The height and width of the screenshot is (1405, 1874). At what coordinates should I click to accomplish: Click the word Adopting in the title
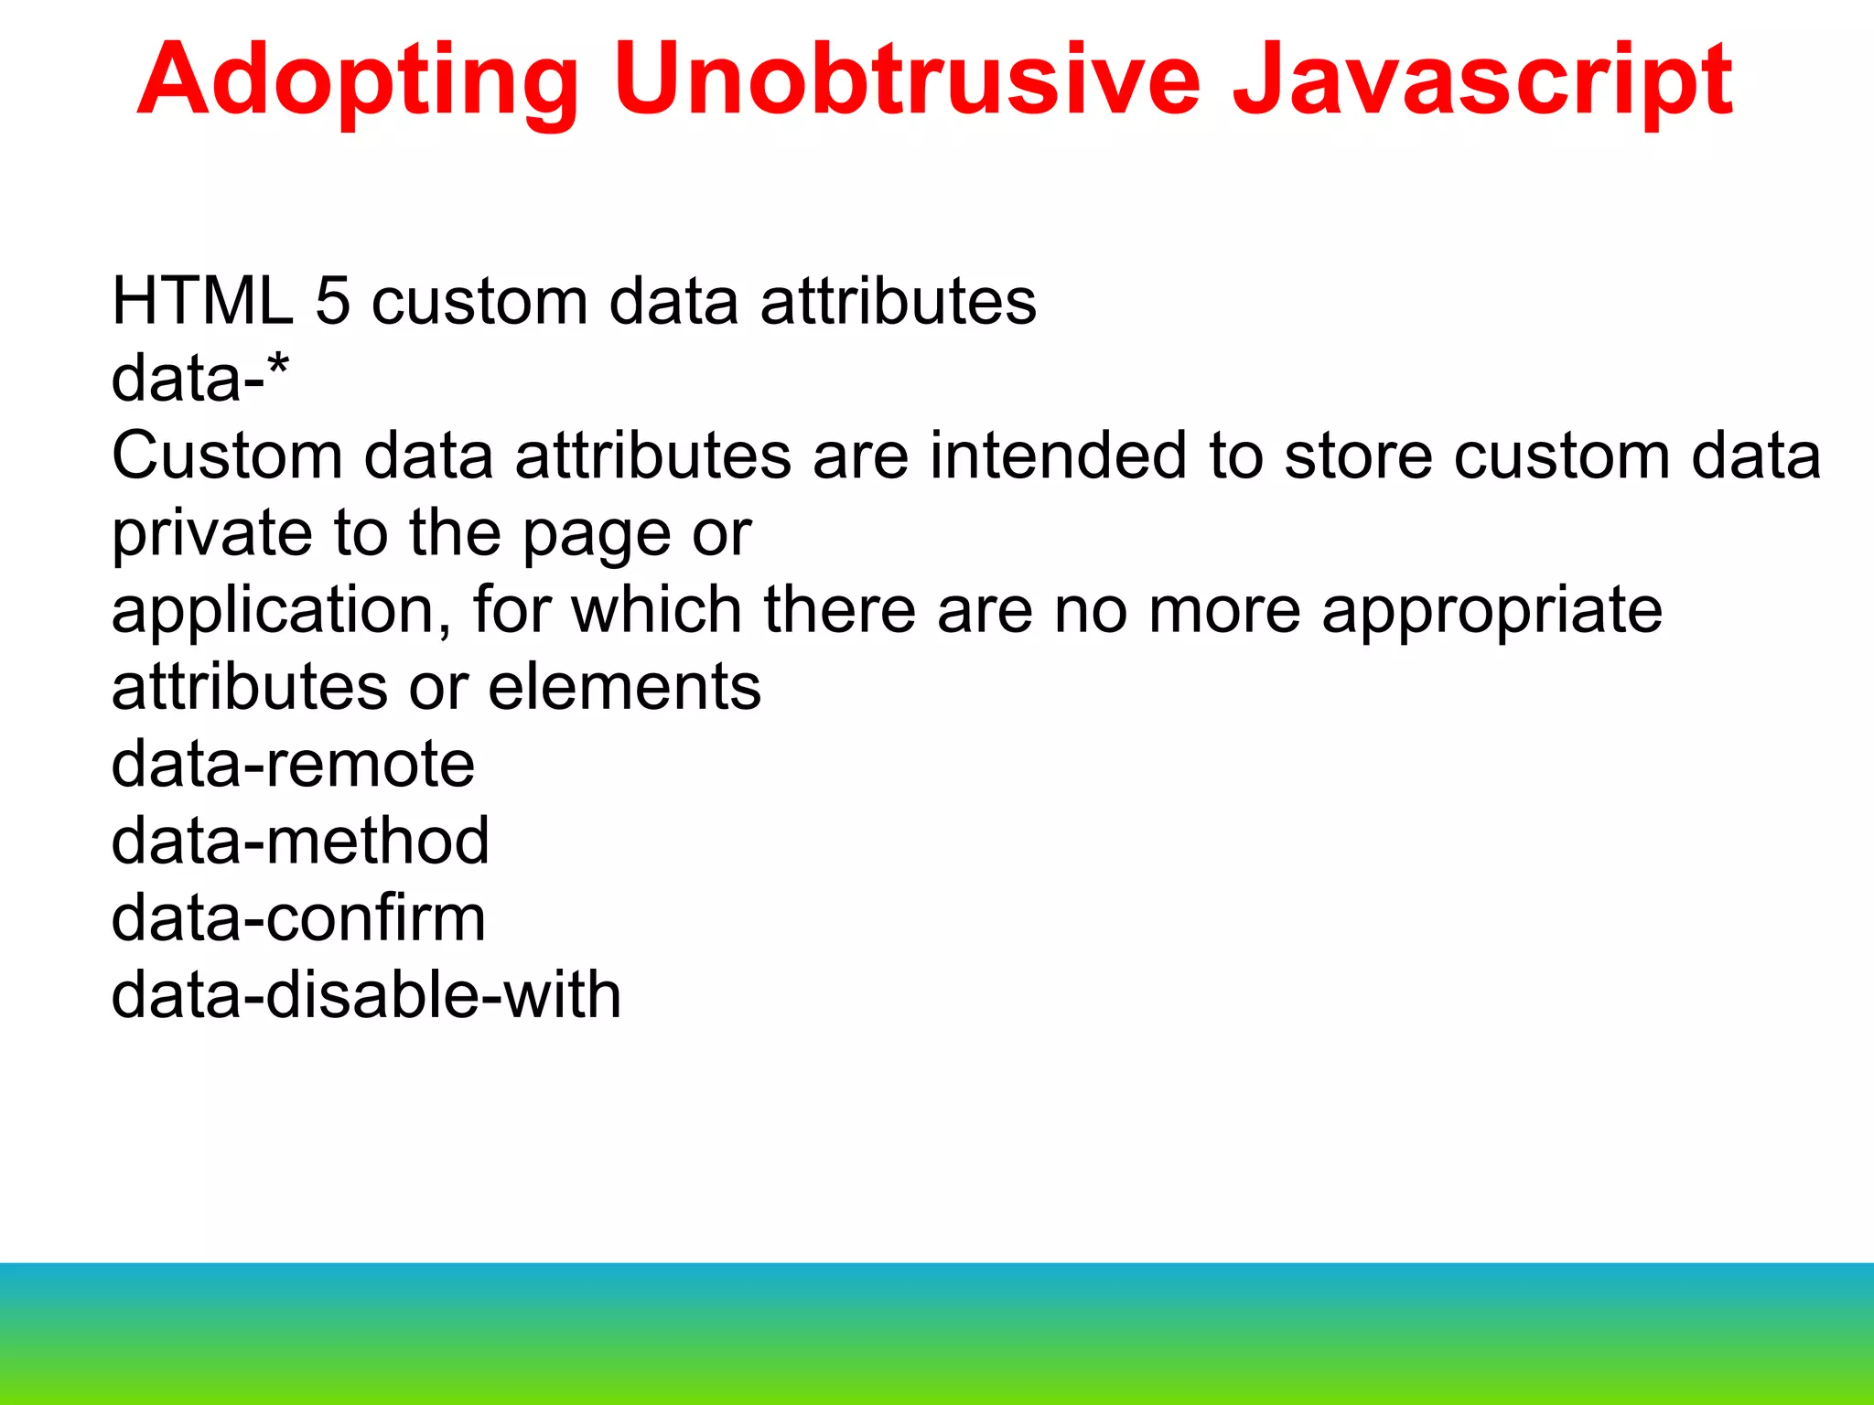click(x=357, y=82)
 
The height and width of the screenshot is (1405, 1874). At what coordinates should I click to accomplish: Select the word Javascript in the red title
click(x=1481, y=82)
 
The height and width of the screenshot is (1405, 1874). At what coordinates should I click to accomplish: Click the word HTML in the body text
click(x=202, y=301)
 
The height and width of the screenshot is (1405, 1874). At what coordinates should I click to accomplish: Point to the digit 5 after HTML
click(x=332, y=301)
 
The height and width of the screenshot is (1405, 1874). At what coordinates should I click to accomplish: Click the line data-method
click(x=300, y=841)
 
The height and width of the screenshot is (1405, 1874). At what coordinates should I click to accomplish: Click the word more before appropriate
click(x=1223, y=610)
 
